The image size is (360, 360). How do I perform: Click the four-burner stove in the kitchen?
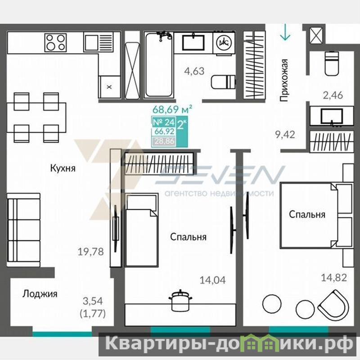pyautogui.click(x=55, y=42)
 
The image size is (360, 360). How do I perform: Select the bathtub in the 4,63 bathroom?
pyautogui.click(x=158, y=65)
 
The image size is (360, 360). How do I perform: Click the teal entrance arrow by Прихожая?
pyautogui.click(x=285, y=32)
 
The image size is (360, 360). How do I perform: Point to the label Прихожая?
pyautogui.click(x=284, y=81)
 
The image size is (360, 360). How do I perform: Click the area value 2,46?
pyautogui.click(x=333, y=95)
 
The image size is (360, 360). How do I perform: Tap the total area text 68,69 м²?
pyautogui.click(x=172, y=109)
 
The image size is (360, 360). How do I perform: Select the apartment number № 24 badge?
pyautogui.click(x=164, y=122)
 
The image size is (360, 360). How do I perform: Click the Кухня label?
pyautogui.click(x=63, y=168)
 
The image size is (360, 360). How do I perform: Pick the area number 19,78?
pyautogui.click(x=91, y=252)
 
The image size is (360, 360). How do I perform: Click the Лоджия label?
pyautogui.click(x=40, y=294)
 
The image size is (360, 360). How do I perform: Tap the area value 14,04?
pyautogui.click(x=212, y=280)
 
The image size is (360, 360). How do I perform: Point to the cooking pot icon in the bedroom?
pyautogui.click(x=180, y=301)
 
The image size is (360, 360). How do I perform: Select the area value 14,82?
pyautogui.click(x=334, y=278)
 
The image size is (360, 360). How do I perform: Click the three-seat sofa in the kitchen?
pyautogui.click(x=24, y=230)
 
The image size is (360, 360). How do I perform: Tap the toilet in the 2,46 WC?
pyautogui.click(x=332, y=63)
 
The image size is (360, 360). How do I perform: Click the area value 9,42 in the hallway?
pyautogui.click(x=285, y=135)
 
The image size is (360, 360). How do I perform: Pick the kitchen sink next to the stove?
pyautogui.click(x=98, y=42)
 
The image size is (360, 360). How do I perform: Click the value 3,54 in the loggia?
pyautogui.click(x=93, y=301)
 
